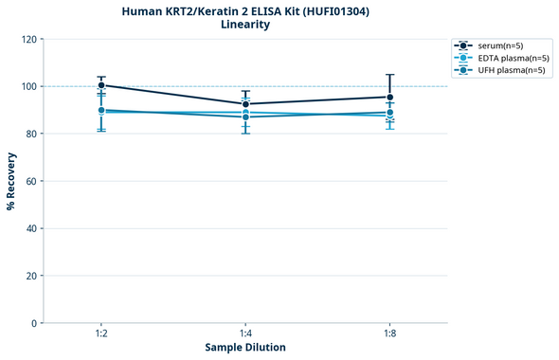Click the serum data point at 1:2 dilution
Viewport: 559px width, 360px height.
pos(101,85)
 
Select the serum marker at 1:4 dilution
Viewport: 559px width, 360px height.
pos(245,104)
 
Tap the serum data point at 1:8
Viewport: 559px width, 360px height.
pos(389,97)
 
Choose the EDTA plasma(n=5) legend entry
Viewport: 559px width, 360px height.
pos(501,58)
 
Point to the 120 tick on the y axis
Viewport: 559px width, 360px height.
pos(29,39)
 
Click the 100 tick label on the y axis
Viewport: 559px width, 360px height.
pos(29,86)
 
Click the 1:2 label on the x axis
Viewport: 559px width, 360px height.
pos(101,334)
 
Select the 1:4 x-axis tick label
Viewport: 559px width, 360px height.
pos(245,334)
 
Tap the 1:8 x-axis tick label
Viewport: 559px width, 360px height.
pos(389,334)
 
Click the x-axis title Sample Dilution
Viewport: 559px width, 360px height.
pos(245,348)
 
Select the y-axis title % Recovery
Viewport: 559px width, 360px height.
pos(11,181)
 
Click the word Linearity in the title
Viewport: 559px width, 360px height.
pos(245,25)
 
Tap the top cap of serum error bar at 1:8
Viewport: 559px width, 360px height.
pos(389,75)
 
